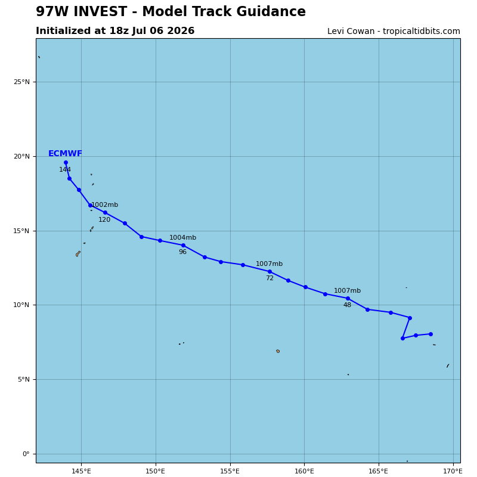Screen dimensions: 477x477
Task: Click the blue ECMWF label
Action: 65,154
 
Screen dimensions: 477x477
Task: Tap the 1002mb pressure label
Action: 105,205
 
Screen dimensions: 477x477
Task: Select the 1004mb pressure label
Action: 182,237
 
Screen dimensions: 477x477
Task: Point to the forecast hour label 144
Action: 65,169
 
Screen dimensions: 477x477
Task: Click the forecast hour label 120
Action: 104,219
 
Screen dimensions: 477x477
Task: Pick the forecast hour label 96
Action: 182,252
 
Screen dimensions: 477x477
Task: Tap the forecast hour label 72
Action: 270,278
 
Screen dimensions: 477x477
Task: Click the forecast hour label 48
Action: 347,305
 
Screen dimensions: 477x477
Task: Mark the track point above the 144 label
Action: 66,163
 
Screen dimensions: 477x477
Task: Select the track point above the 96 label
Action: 183,246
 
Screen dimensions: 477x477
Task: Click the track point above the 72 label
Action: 270,272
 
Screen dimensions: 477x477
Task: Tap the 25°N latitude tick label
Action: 21,82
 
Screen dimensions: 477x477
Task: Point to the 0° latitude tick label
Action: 26,454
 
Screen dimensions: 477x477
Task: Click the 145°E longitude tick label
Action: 81,471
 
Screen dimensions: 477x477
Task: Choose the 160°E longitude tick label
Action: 304,471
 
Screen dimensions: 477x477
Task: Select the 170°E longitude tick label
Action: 453,471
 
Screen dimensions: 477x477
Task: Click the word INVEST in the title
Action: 100,11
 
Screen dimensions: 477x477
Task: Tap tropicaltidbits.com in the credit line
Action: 422,32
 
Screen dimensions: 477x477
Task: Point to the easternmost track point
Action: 430,334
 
